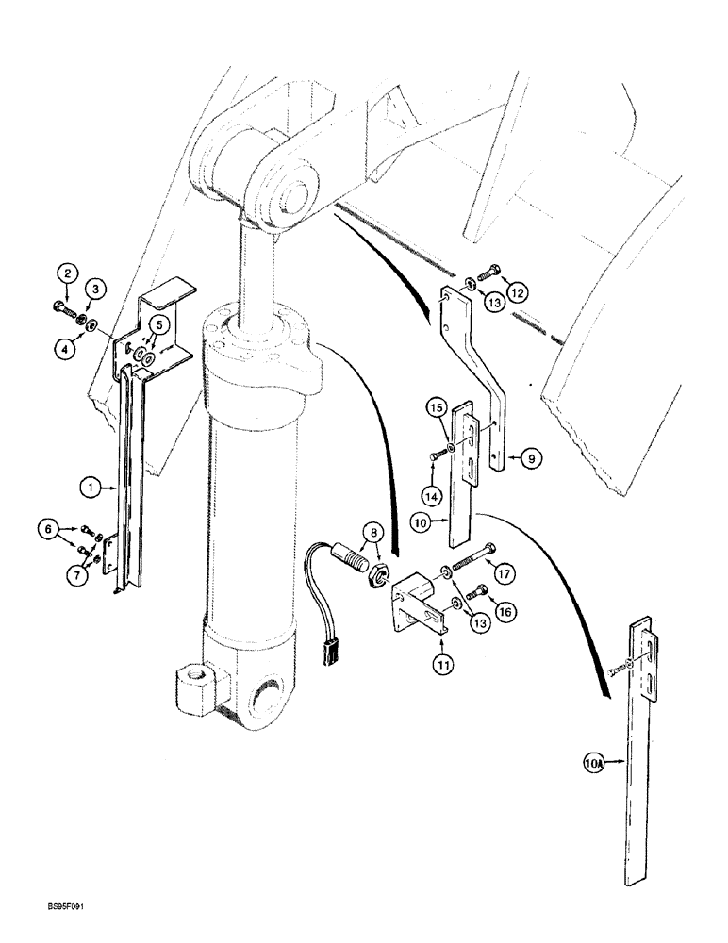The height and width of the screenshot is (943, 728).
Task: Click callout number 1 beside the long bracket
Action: (91, 488)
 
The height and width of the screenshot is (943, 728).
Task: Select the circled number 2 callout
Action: (66, 274)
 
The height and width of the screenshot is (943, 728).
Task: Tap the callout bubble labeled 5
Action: (158, 325)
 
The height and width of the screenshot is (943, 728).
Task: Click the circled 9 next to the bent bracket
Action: (531, 458)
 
